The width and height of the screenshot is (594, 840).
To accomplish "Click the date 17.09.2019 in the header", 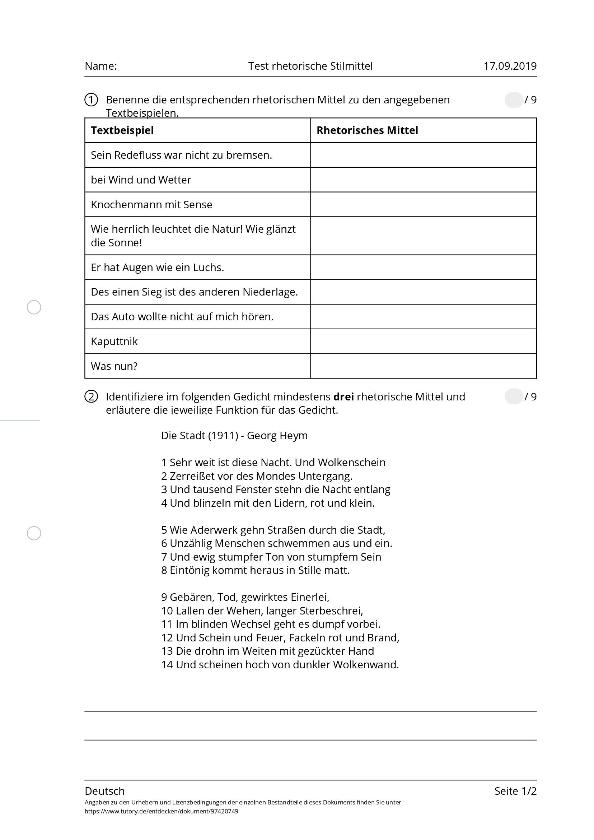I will (x=510, y=66).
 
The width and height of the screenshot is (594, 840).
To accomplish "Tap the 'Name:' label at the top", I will (x=100, y=66).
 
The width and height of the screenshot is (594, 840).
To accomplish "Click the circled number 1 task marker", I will (x=91, y=99).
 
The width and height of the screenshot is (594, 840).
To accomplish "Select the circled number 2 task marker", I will (x=91, y=397).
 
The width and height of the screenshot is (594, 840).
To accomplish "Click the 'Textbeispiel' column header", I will (x=122, y=130).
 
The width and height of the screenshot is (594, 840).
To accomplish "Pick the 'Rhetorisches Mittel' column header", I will (x=367, y=130).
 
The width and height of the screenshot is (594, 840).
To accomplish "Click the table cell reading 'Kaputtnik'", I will (x=114, y=342).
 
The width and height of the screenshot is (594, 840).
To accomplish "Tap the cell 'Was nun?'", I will (x=114, y=366).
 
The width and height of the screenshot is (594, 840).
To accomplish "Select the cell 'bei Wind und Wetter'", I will (x=141, y=180).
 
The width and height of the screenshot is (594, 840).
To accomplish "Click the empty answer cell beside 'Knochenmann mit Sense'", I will (x=423, y=204).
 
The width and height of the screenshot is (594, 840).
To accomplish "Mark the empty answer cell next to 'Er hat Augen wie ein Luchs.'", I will (x=423, y=267).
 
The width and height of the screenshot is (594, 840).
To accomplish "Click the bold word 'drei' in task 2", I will (x=343, y=397).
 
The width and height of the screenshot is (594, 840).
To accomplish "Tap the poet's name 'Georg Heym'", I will (x=277, y=436).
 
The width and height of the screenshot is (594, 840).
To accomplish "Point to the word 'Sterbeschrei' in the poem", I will (x=331, y=611).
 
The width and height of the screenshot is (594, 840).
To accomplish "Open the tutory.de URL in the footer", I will (x=161, y=812).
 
